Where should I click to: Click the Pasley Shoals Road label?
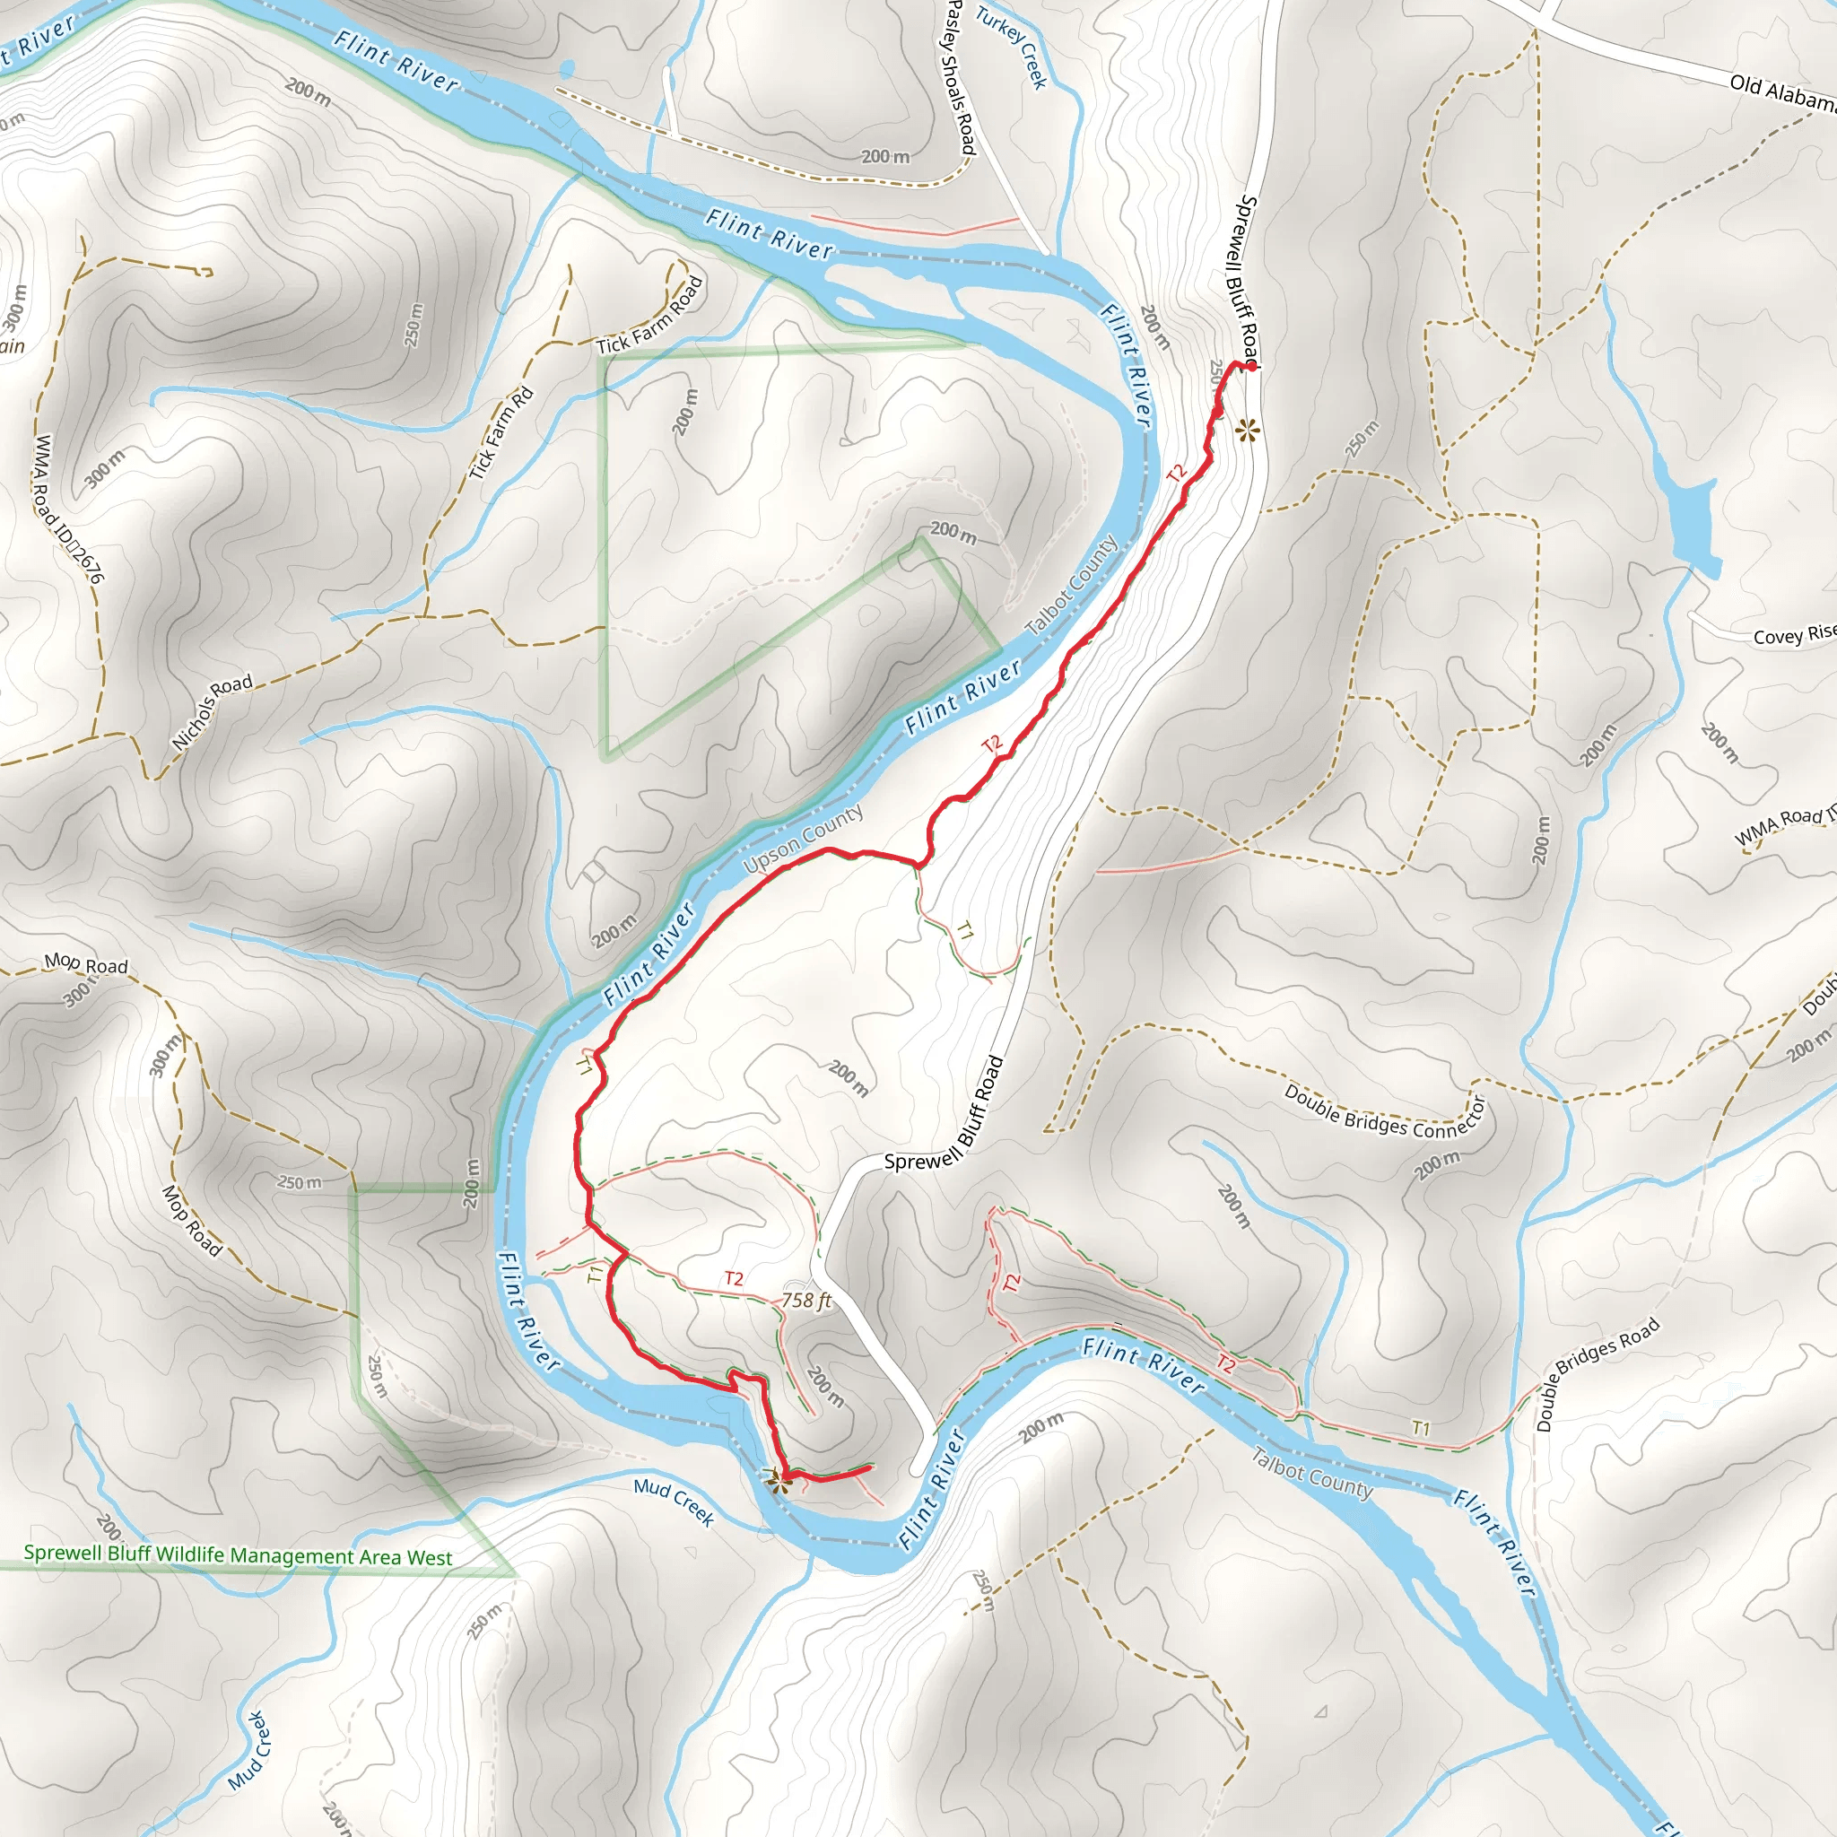[962, 78]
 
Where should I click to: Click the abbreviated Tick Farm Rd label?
[501, 433]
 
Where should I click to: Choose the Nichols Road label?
[212, 711]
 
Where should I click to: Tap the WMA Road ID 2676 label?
[68, 508]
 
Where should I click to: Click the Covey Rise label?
[1793, 635]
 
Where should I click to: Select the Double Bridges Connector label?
[1384, 1113]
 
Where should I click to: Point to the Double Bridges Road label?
[1598, 1374]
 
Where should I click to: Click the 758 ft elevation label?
[806, 1300]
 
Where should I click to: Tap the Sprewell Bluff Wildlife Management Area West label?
[238, 1556]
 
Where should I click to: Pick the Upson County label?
[804, 839]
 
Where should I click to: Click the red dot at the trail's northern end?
[1252, 366]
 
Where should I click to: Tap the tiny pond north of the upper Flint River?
[568, 68]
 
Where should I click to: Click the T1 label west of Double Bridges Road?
[1421, 1428]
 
